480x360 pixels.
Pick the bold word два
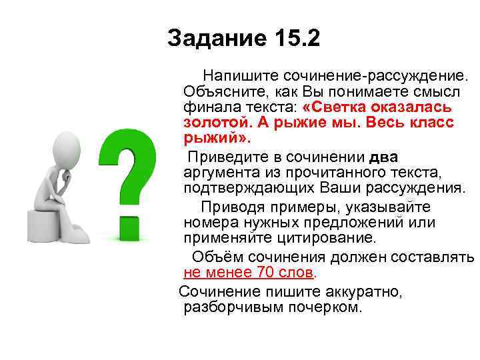pyautogui.click(x=383, y=157)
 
